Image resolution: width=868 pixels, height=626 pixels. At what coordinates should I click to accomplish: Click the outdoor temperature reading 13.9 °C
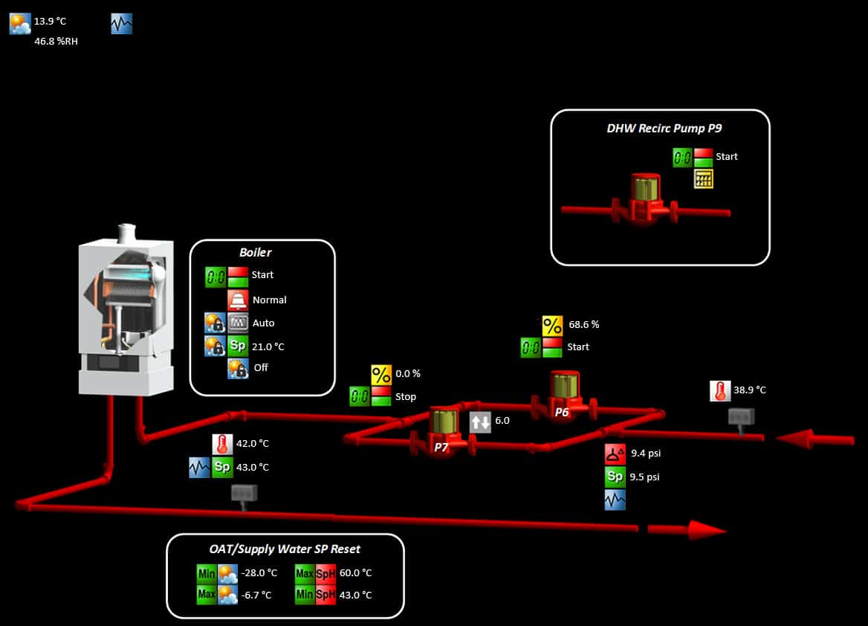(x=50, y=22)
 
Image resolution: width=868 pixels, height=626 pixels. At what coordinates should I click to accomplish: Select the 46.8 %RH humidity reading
(x=56, y=42)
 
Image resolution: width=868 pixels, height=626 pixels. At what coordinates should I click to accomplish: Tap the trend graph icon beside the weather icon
(x=121, y=24)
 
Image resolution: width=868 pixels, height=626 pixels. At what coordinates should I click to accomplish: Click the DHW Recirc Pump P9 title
(x=664, y=128)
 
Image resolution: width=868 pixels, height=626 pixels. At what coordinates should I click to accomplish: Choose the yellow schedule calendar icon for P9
(x=703, y=178)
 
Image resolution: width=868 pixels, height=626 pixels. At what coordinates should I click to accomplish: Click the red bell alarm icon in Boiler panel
(x=238, y=300)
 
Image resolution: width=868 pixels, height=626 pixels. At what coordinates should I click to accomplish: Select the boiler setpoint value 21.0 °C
(x=268, y=346)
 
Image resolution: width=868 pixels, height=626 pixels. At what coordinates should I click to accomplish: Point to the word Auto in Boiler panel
(x=263, y=323)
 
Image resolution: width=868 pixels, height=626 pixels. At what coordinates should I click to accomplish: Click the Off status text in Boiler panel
(x=260, y=367)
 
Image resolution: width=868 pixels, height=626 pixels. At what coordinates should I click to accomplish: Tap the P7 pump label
(x=441, y=448)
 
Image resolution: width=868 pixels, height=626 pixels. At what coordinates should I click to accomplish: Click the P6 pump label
(x=561, y=412)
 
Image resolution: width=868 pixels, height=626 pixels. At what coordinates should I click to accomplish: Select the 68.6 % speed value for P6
(x=583, y=324)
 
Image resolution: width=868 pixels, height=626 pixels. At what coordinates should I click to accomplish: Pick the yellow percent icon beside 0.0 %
(x=381, y=374)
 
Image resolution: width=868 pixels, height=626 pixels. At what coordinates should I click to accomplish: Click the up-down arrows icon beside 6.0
(x=480, y=422)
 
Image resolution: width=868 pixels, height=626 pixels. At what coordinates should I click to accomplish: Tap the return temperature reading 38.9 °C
(x=749, y=390)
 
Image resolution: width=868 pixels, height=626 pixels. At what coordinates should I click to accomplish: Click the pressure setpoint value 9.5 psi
(x=644, y=477)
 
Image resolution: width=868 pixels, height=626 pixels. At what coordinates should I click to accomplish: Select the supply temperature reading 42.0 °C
(x=252, y=444)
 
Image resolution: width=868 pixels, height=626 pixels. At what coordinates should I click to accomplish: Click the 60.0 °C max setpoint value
(x=355, y=573)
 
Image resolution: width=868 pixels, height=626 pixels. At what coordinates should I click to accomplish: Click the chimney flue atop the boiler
(x=126, y=232)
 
